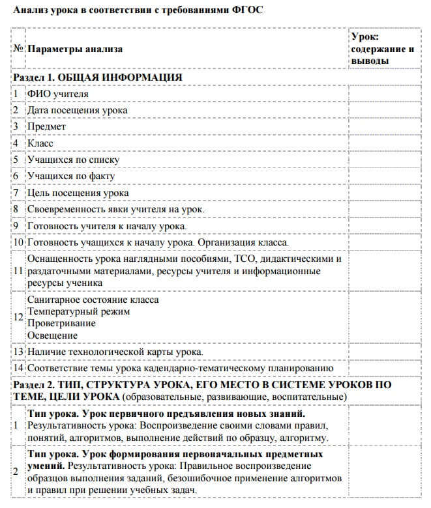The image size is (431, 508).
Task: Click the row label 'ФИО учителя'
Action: point(58,94)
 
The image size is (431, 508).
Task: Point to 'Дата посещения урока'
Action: point(77,110)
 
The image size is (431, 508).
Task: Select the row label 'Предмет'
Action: point(46,126)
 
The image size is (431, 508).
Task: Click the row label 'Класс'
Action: point(40,143)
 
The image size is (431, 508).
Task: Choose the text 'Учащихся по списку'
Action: point(74,160)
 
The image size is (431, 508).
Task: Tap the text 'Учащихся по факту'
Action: point(72,176)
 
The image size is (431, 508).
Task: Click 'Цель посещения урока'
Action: point(78,192)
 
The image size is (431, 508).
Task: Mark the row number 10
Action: point(18,242)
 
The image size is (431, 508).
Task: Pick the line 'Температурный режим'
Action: point(78,311)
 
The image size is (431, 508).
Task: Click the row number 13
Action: point(18,352)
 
